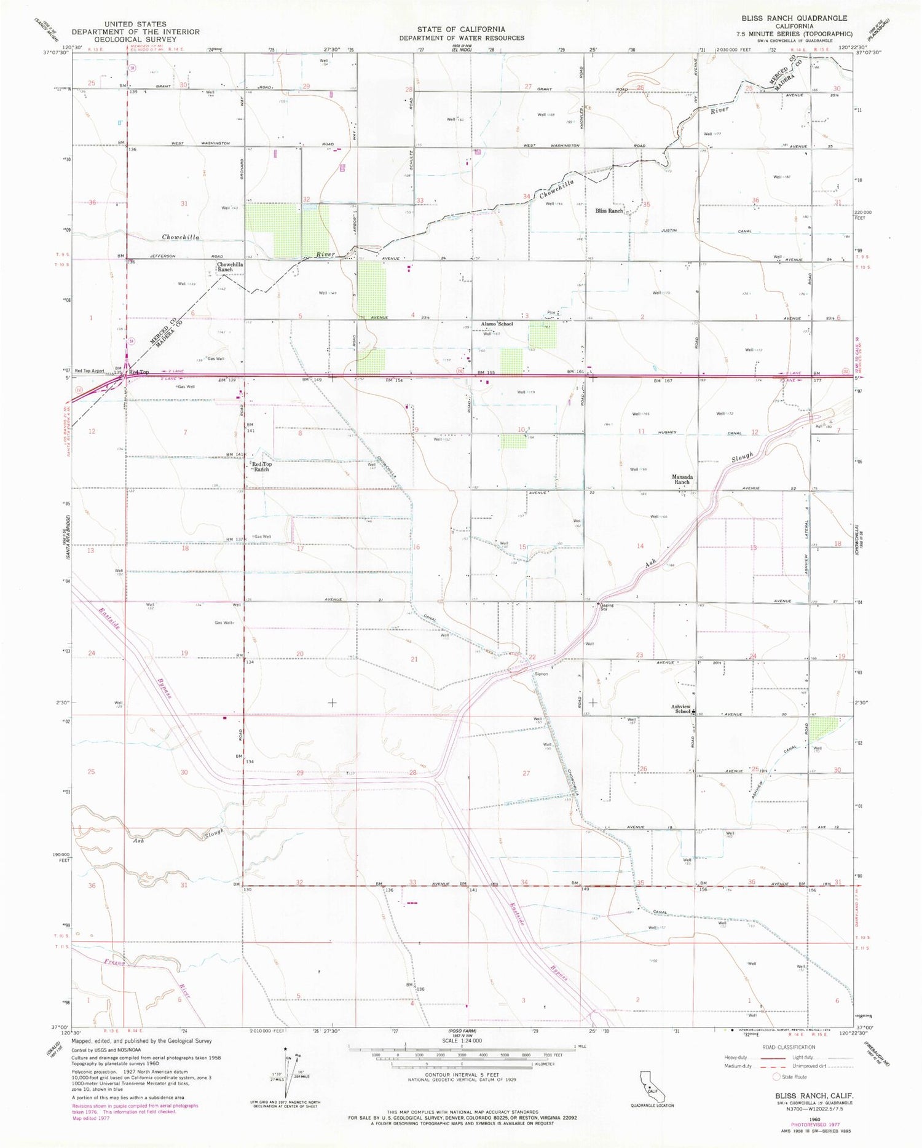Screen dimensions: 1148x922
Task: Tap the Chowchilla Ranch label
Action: tap(229, 267)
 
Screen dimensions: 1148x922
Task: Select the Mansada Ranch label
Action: tap(682, 479)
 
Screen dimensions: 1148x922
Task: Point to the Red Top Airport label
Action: tap(90, 371)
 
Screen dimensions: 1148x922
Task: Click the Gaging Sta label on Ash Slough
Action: tap(607, 607)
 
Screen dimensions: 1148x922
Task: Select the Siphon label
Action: tap(540, 674)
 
